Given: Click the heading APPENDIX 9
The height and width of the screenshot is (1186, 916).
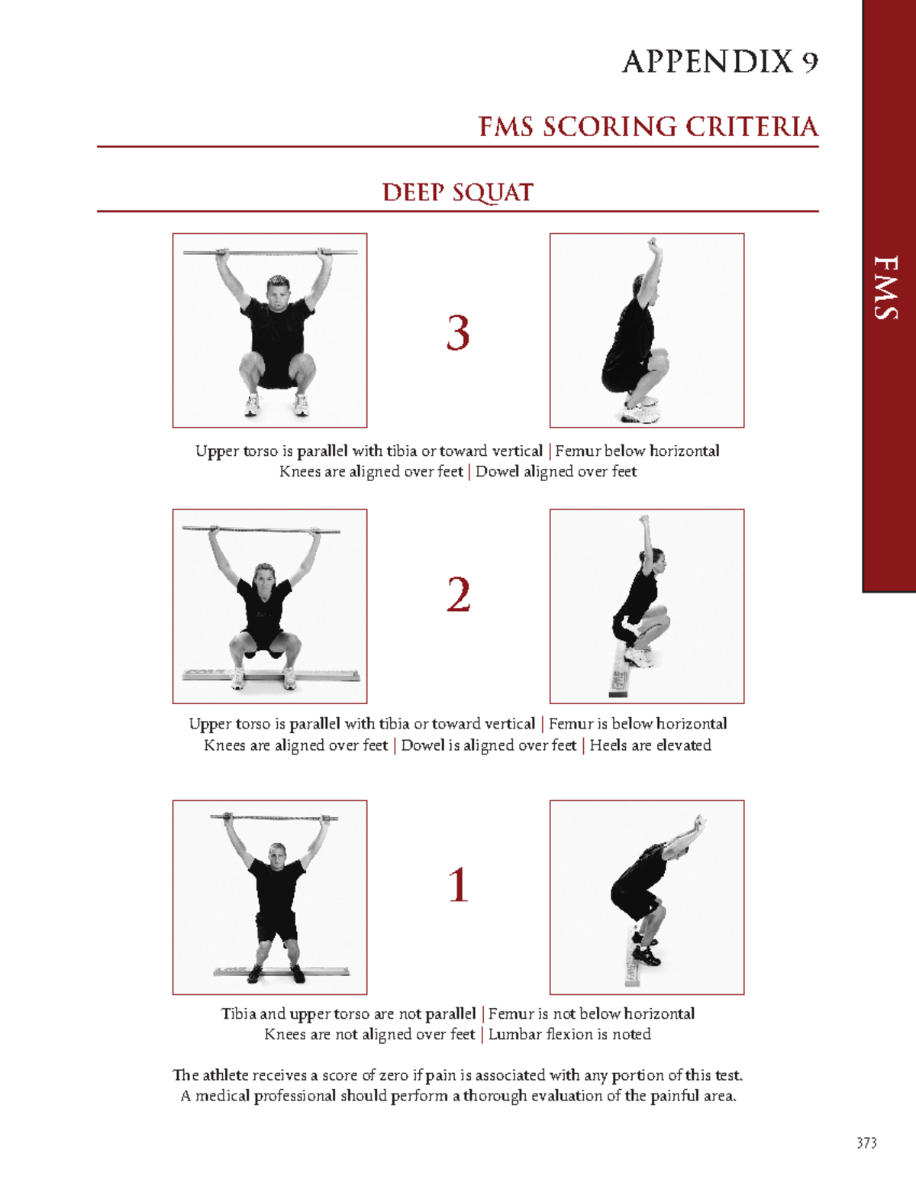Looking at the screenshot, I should pyautogui.click(x=720, y=62).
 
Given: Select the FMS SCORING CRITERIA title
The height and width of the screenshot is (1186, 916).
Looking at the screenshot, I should pyautogui.click(x=648, y=127).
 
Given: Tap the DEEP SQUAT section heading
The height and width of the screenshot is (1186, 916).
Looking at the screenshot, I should pyautogui.click(x=457, y=192).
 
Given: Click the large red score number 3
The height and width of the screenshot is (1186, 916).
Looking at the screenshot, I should pyautogui.click(x=458, y=334).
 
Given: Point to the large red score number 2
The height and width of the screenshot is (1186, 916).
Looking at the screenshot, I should pyautogui.click(x=458, y=595).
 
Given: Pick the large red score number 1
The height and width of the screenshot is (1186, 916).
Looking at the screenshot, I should pyautogui.click(x=458, y=885).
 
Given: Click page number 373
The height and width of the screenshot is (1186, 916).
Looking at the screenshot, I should pyautogui.click(x=866, y=1143).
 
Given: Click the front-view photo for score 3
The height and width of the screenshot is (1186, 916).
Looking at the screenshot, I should pyautogui.click(x=269, y=330).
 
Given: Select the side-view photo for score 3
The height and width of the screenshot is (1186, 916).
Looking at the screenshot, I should pyautogui.click(x=647, y=330).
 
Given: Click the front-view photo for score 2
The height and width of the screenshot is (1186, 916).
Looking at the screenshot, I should pyautogui.click(x=269, y=606).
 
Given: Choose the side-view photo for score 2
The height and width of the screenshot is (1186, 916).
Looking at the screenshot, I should pyautogui.click(x=647, y=606).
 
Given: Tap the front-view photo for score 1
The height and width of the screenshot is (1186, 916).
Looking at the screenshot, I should pyautogui.click(x=269, y=897).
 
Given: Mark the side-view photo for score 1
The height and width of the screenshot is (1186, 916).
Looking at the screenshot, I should pyautogui.click(x=647, y=897).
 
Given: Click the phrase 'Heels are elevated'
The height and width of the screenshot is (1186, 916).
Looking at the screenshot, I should pyautogui.click(x=650, y=745).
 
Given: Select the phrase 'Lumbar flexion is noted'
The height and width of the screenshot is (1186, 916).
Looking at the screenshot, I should pyautogui.click(x=569, y=1035).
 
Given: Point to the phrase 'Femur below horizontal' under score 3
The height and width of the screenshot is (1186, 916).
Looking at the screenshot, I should pyautogui.click(x=637, y=451).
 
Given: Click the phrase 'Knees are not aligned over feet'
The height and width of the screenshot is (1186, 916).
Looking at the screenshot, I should pyautogui.click(x=369, y=1035).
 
